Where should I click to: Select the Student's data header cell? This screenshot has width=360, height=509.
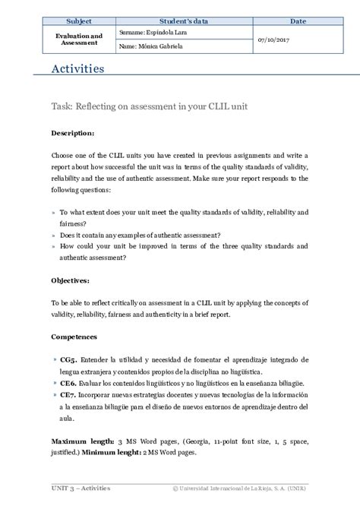tap(185, 21)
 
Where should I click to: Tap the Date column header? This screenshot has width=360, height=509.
tap(298, 21)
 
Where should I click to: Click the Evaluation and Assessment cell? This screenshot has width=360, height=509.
tap(79, 40)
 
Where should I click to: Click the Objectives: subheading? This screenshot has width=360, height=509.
tap(71, 280)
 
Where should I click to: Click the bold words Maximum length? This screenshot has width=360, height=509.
tap(83, 441)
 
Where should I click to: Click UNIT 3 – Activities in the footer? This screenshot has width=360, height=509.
tap(81, 488)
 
